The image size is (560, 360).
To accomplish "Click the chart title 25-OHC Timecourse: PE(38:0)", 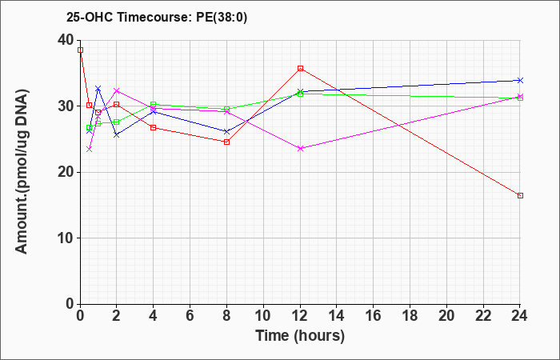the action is click(x=157, y=18).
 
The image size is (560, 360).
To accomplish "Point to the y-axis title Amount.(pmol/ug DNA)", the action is click(x=22, y=171).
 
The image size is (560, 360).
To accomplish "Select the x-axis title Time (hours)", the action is click(x=300, y=336).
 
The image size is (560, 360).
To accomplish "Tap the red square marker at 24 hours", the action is click(x=520, y=196).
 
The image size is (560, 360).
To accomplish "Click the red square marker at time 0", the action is click(x=80, y=50).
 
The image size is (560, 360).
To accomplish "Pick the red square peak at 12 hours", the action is click(x=300, y=68).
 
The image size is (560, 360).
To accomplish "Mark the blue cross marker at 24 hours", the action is click(x=520, y=80).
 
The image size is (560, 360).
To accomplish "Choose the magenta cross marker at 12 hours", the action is click(x=300, y=149).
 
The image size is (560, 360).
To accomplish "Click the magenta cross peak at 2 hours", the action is click(x=117, y=90).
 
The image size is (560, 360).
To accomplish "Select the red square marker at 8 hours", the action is click(x=226, y=142).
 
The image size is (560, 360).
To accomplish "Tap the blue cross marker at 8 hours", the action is click(x=226, y=132).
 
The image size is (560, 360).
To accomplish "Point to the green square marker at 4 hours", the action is click(x=154, y=105).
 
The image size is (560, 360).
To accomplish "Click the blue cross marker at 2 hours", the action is click(x=117, y=135).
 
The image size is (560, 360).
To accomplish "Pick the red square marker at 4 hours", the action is click(x=154, y=127).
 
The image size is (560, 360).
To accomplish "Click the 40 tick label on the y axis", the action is click(x=66, y=40).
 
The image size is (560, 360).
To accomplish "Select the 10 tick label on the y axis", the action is click(x=66, y=238).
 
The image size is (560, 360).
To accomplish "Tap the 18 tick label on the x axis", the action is click(x=410, y=316).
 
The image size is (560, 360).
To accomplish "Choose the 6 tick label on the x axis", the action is click(x=190, y=316).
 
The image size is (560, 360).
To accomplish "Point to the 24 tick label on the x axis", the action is click(x=519, y=316).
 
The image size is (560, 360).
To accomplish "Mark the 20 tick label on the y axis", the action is click(x=66, y=172).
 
